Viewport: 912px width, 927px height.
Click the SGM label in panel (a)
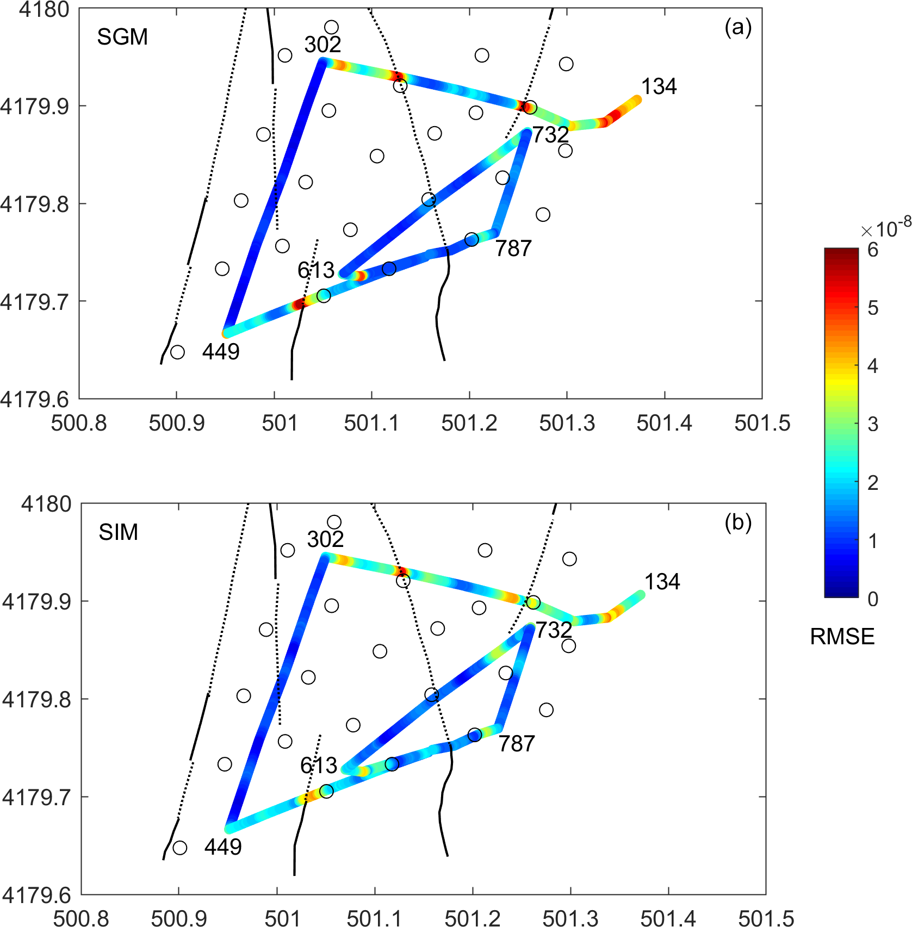point(122,37)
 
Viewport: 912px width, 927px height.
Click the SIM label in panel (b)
point(118,532)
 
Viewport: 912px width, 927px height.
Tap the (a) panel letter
point(737,27)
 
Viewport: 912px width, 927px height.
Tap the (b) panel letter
point(737,522)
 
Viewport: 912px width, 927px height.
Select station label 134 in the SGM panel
point(659,86)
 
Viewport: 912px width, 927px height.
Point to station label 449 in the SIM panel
point(223,847)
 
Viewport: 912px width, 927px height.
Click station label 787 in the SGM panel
point(513,249)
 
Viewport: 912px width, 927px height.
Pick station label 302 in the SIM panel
point(325,539)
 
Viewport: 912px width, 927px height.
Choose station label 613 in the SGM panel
point(316,270)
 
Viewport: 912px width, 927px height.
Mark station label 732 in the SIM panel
point(554,630)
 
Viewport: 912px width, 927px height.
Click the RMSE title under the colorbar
point(842,637)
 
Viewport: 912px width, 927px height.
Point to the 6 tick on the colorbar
point(873,250)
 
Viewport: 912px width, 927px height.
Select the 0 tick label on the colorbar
point(873,599)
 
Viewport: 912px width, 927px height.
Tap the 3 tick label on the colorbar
point(873,424)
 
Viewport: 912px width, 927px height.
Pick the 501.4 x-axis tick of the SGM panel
point(665,423)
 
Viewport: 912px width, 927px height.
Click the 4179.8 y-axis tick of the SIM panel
point(36,699)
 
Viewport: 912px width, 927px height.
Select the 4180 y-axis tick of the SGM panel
point(44,9)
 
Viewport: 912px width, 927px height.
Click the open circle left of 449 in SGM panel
point(177,352)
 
